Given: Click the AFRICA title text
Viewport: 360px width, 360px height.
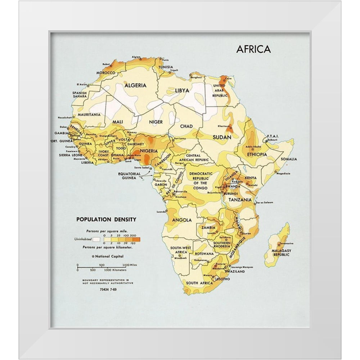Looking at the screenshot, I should [253, 49].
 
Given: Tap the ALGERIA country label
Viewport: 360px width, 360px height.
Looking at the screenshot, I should [135, 85].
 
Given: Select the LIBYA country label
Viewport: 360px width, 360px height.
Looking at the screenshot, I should [182, 90].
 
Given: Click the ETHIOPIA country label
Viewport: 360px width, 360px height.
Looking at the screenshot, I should [257, 154].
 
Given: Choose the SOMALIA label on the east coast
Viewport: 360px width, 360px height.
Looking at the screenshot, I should [289, 159].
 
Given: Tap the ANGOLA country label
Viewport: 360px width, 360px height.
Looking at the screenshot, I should [181, 220].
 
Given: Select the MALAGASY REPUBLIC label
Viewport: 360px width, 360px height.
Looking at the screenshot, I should [282, 252].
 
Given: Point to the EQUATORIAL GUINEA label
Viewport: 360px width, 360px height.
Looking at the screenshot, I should [129, 176].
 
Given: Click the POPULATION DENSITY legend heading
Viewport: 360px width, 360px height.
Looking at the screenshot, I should [106, 219].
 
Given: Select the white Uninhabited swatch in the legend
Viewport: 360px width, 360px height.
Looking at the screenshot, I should [96, 239].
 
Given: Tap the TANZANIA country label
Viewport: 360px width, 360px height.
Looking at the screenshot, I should [239, 199].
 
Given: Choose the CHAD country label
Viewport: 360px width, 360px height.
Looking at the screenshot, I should [186, 126].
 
